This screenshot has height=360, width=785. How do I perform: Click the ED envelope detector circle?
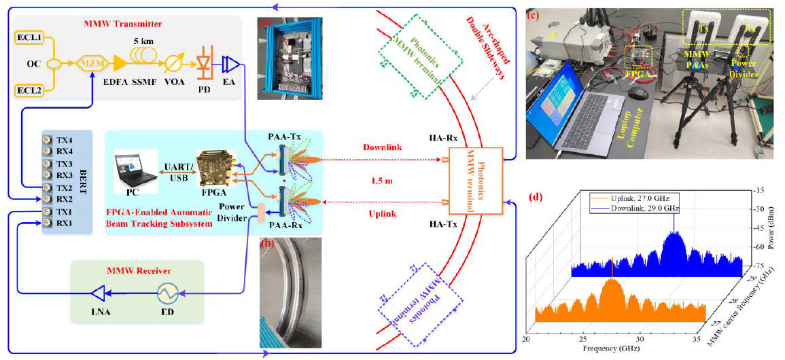pos(169,293)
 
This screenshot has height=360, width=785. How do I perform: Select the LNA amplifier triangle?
pos(102,293)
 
